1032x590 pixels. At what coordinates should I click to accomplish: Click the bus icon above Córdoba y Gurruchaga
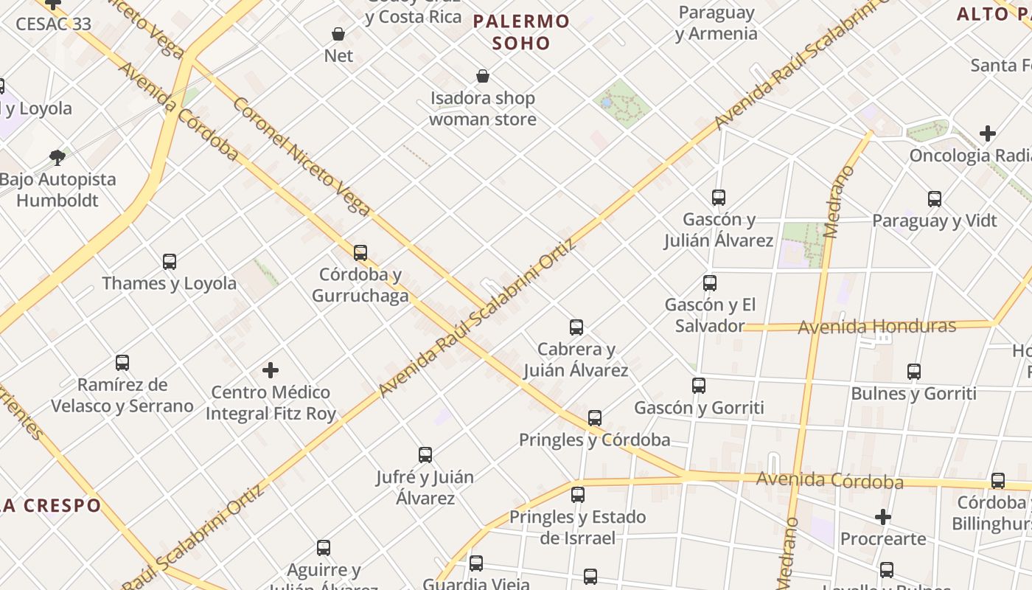click(x=360, y=253)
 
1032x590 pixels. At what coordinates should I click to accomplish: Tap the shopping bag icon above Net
click(x=338, y=34)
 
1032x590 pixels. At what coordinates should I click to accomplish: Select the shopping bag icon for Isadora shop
click(x=483, y=76)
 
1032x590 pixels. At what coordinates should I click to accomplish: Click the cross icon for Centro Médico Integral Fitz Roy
click(x=271, y=370)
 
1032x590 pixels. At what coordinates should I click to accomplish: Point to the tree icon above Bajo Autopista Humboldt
click(x=57, y=157)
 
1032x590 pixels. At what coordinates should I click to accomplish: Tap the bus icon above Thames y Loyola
click(x=170, y=262)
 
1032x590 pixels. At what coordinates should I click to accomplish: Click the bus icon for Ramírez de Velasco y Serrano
click(x=122, y=363)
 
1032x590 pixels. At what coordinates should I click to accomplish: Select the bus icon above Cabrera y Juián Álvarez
click(x=576, y=327)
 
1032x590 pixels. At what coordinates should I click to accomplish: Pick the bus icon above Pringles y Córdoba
click(x=595, y=418)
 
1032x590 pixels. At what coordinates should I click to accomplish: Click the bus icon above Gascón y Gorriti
click(x=699, y=386)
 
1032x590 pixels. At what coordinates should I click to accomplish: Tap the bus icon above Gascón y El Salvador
click(x=710, y=283)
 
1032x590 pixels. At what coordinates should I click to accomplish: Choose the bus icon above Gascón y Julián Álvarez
click(x=719, y=198)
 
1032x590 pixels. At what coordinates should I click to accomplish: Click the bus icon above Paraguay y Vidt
click(x=935, y=199)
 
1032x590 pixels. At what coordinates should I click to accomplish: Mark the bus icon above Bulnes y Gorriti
click(x=914, y=372)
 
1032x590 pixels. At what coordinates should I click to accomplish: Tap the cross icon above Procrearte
click(x=883, y=517)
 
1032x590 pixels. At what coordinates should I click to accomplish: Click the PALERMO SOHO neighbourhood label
click(x=522, y=32)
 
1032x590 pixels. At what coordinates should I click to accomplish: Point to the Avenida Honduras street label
click(x=877, y=326)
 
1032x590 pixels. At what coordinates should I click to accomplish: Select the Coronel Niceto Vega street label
click(x=301, y=156)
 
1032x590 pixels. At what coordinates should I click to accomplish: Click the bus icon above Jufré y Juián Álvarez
click(x=425, y=455)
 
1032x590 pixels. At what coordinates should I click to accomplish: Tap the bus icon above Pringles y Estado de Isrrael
click(x=578, y=495)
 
